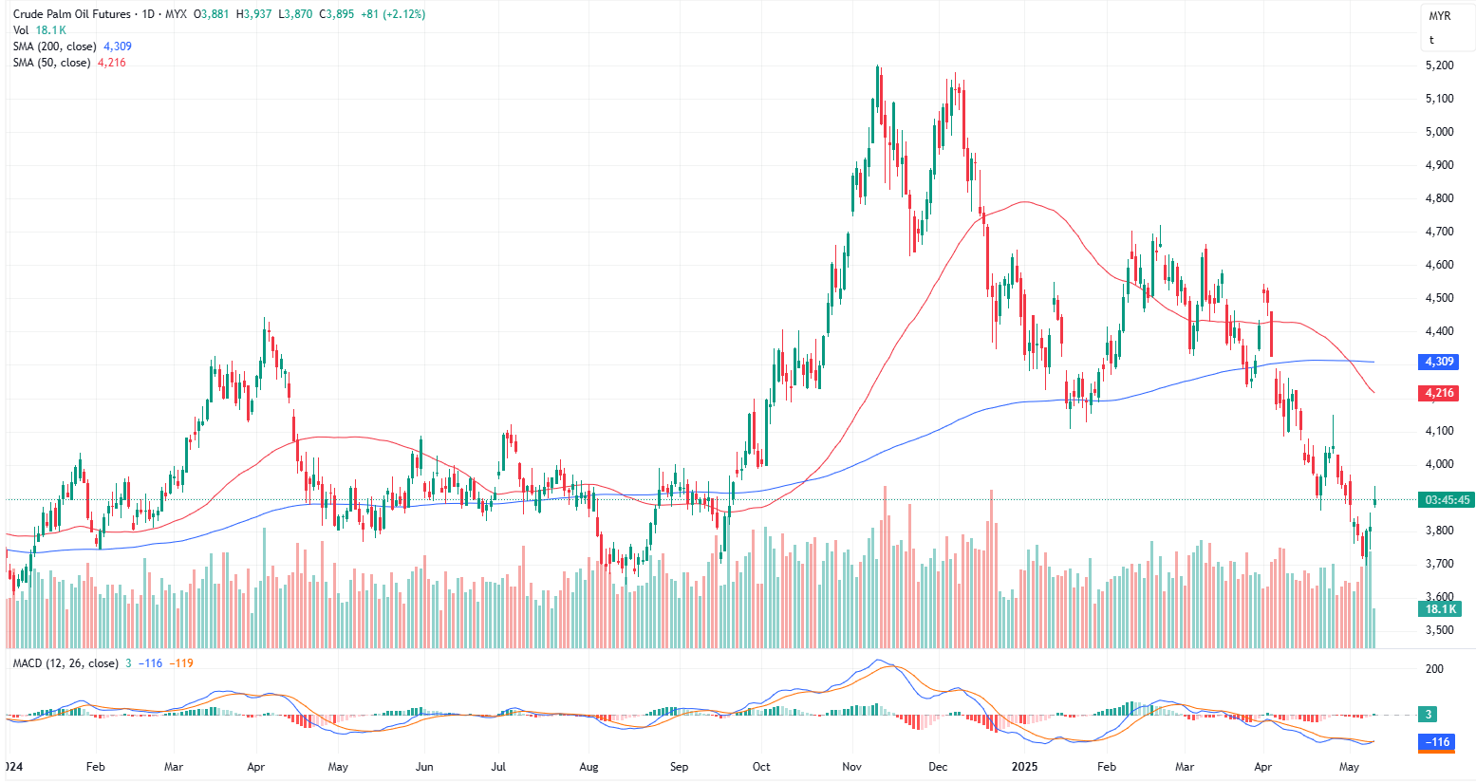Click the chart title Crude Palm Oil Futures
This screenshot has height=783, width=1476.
[72, 14]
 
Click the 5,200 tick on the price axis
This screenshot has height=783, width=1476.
[1439, 65]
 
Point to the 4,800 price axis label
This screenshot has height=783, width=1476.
[1439, 198]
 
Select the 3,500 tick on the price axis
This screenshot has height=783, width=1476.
[1439, 630]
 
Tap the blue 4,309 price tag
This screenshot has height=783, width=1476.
[1438, 362]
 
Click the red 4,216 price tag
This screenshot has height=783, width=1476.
[1438, 393]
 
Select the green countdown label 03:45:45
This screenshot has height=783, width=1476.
[1447, 500]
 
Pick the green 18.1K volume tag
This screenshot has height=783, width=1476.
[1439, 609]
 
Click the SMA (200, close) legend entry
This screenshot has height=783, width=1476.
[54, 47]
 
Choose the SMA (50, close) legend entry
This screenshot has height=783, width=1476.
[51, 63]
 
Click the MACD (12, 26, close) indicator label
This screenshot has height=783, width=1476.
[65, 663]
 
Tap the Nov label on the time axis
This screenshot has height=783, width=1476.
[851, 767]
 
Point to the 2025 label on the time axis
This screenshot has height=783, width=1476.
[1024, 767]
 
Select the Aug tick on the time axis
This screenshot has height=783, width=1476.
[589, 767]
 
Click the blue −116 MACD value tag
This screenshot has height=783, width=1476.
[1438, 742]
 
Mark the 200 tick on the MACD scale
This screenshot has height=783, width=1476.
[1434, 669]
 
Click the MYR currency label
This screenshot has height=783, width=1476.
[1439, 16]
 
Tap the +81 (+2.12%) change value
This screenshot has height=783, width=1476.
[393, 14]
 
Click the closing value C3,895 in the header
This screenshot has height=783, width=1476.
[336, 14]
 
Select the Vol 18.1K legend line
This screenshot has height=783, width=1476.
[39, 30]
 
